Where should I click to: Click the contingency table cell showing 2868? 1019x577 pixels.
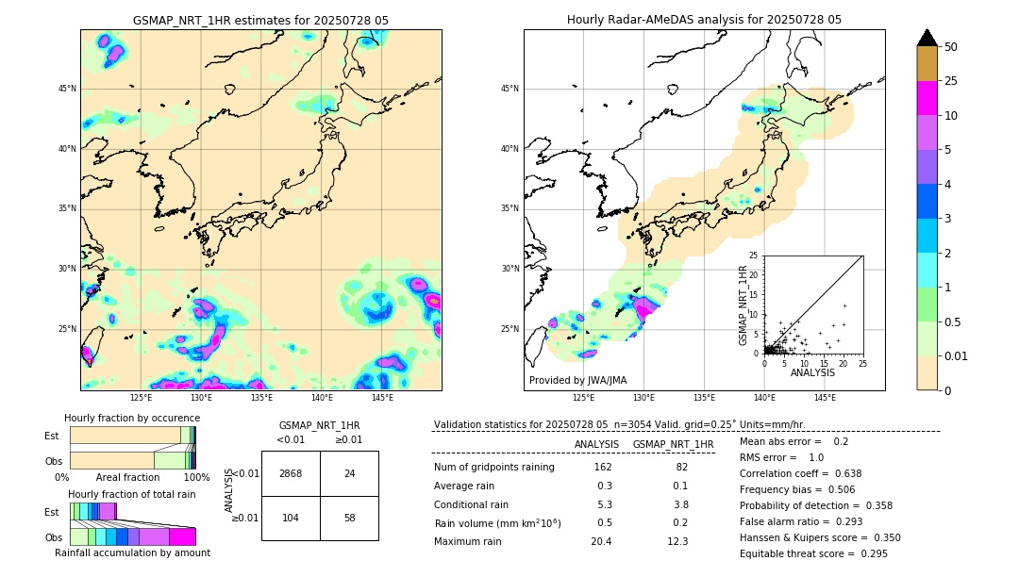(x=291, y=473)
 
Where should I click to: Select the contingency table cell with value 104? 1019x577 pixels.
(x=291, y=518)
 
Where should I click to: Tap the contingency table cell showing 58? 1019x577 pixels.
(x=349, y=518)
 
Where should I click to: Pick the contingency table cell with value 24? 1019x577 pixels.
(x=349, y=473)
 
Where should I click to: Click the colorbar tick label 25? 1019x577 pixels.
(x=951, y=81)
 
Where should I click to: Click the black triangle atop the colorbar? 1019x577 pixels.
(x=927, y=38)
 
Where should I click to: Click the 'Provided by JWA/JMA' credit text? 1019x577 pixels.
(x=577, y=380)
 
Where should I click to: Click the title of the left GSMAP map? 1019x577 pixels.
(x=260, y=20)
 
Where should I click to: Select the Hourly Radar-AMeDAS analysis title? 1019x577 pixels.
(x=704, y=20)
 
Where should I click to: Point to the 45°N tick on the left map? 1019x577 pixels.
(x=67, y=89)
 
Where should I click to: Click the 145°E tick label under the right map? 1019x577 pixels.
(x=825, y=398)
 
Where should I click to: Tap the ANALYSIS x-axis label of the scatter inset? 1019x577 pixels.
(x=812, y=372)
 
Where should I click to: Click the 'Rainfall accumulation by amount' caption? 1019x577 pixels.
(x=132, y=552)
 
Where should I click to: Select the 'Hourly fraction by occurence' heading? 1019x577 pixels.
(x=132, y=418)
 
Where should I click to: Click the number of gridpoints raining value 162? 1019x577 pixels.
(x=603, y=467)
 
